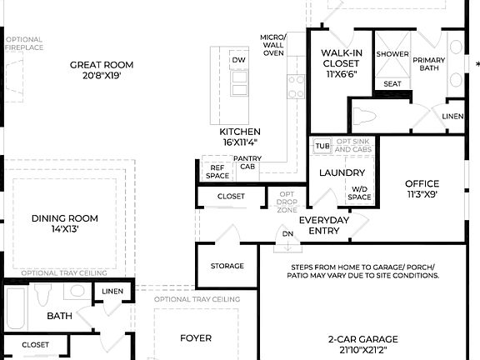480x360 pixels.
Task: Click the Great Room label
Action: pyautogui.click(x=101, y=70)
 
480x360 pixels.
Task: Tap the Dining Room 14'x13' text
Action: pyautogui.click(x=65, y=223)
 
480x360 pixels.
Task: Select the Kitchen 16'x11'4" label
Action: pyautogui.click(x=240, y=137)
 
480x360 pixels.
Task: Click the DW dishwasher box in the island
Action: pyautogui.click(x=238, y=60)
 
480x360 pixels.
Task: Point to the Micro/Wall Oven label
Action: pyautogui.click(x=272, y=45)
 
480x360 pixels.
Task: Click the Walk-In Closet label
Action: pyautogui.click(x=340, y=62)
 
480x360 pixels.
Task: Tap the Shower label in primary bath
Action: pyautogui.click(x=392, y=54)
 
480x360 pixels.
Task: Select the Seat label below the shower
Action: pyautogui.click(x=392, y=84)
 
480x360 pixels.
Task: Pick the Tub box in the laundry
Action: pyautogui.click(x=322, y=146)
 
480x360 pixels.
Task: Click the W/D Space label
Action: pyautogui.click(x=360, y=193)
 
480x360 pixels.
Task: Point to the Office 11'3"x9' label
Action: pyautogui.click(x=421, y=188)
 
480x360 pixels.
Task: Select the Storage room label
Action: pyautogui.click(x=227, y=266)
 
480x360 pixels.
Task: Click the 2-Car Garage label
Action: pyautogui.click(x=362, y=343)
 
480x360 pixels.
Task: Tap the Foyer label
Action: pyautogui.click(x=196, y=337)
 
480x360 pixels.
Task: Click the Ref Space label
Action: pyautogui.click(x=217, y=172)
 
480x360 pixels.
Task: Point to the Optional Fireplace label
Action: pyautogui.click(x=24, y=43)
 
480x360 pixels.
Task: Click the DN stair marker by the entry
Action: pyautogui.click(x=287, y=234)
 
